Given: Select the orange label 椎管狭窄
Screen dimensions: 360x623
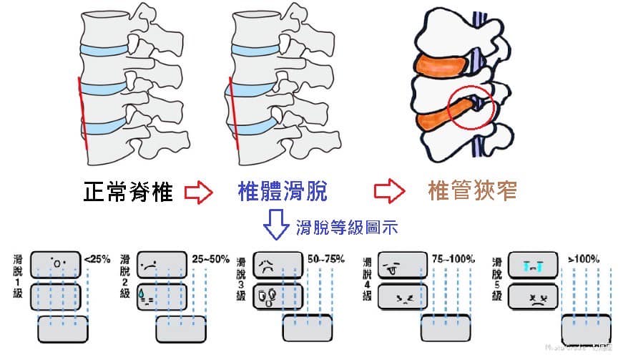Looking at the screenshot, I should point(472,192).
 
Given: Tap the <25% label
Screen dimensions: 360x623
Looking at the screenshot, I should point(97,259).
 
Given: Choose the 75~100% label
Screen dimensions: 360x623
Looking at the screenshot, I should point(453,258).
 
